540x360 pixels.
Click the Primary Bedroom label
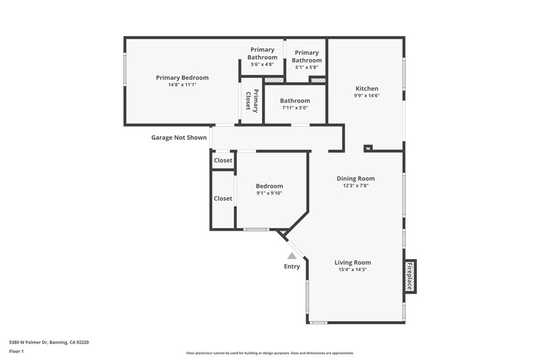click(182, 77)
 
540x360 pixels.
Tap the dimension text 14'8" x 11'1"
click(182, 85)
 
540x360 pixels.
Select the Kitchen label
click(367, 89)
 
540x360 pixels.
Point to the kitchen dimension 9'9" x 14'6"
click(367, 96)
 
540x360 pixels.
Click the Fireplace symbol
click(410, 276)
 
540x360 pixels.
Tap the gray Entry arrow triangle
click(292, 256)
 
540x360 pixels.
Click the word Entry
click(292, 267)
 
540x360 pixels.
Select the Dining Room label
click(355, 178)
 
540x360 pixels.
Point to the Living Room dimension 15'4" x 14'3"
click(352, 269)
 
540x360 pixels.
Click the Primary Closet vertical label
click(252, 101)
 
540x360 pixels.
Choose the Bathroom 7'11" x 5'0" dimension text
click(295, 108)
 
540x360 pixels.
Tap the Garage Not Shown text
click(179, 138)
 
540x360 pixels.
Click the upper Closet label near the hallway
click(223, 160)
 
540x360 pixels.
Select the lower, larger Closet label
click(223, 199)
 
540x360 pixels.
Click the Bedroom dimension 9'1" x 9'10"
click(269, 193)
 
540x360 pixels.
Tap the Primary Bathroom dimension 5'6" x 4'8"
click(262, 64)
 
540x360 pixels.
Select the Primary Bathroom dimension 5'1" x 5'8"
click(306, 67)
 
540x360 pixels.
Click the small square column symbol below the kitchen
click(368, 148)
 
